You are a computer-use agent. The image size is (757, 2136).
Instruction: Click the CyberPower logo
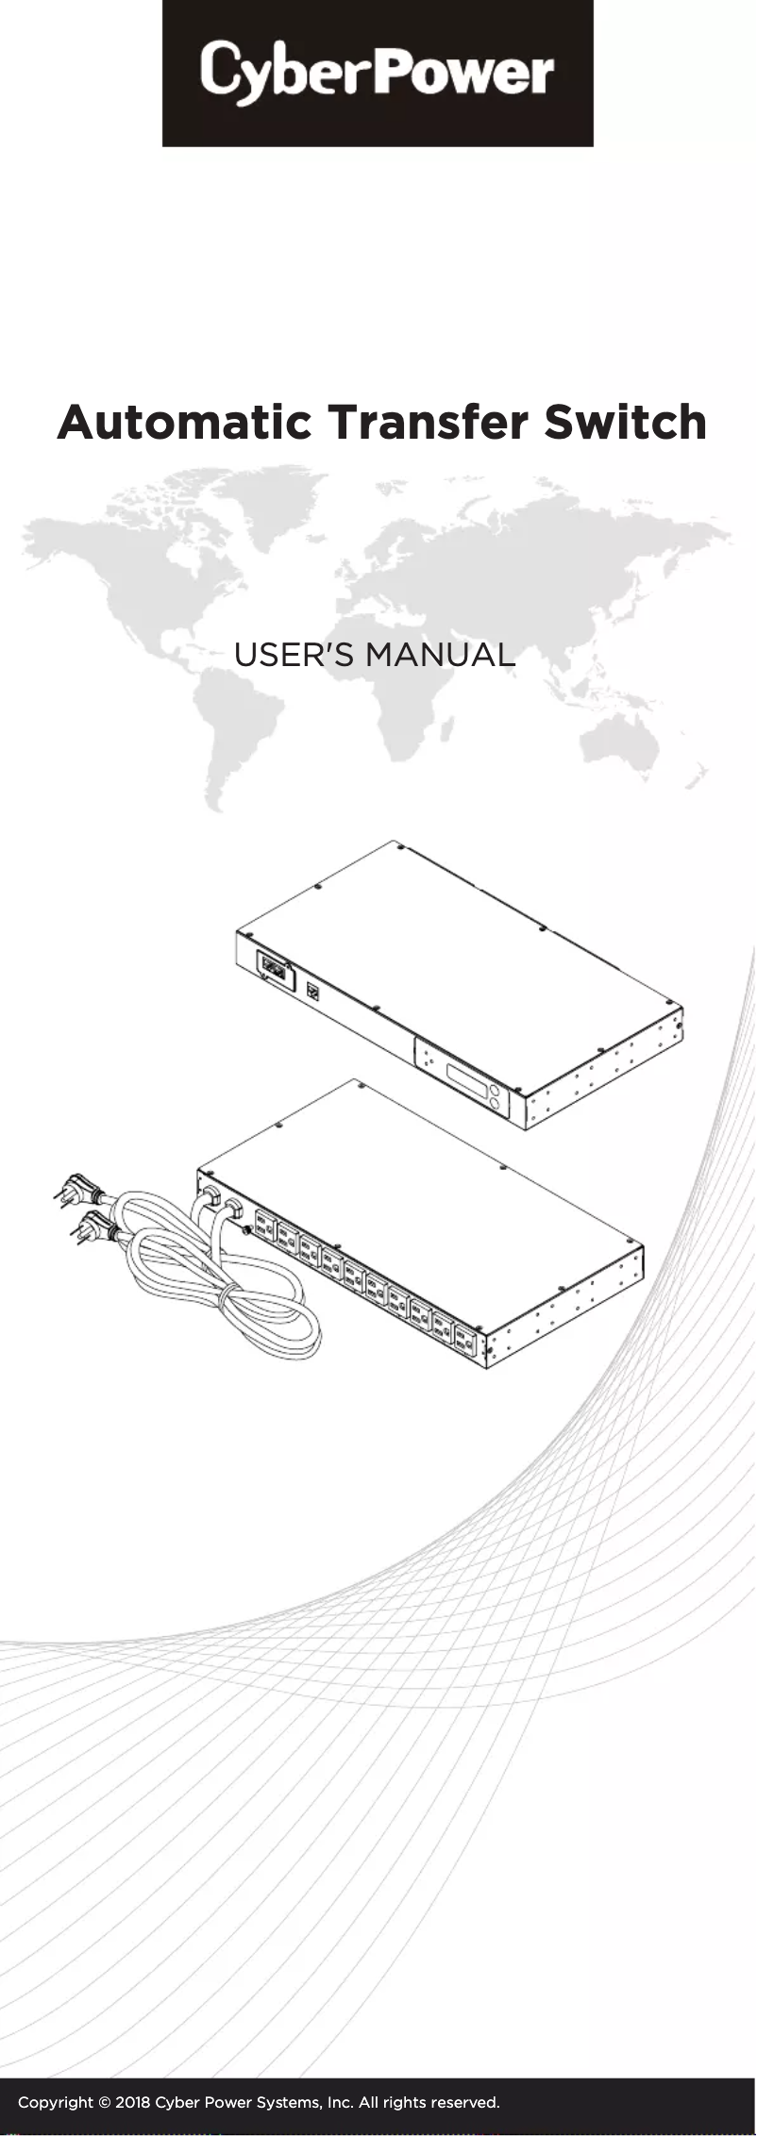click(378, 73)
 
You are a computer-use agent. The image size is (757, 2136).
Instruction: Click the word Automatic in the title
click(184, 423)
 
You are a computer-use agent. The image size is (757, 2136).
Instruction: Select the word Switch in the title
click(625, 423)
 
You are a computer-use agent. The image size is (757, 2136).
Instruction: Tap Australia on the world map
click(623, 745)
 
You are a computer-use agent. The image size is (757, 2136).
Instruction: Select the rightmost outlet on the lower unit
click(463, 1341)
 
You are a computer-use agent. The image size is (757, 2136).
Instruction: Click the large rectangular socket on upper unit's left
click(274, 968)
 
